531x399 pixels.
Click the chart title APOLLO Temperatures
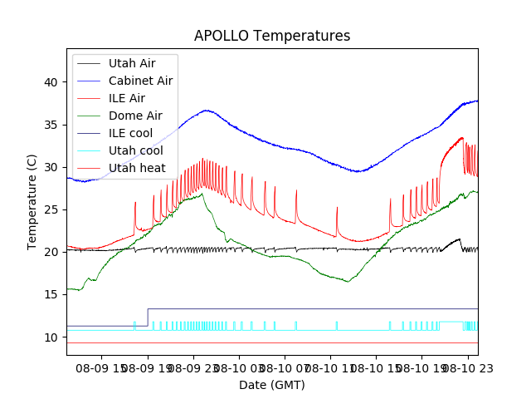272,36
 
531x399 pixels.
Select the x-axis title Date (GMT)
272,385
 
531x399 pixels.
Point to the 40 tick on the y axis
51,82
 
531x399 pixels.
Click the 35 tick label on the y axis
51,125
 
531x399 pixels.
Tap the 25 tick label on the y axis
51,209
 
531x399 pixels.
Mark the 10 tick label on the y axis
51,337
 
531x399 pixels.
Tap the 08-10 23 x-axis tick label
465,367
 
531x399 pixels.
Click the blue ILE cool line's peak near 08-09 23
206,110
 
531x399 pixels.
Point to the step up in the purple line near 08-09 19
148,317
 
